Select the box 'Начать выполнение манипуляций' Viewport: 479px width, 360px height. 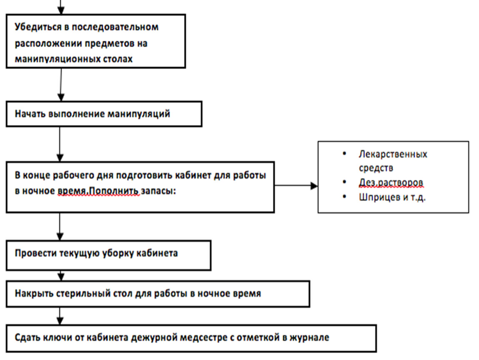(104, 114)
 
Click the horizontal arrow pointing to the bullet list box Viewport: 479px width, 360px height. (296, 186)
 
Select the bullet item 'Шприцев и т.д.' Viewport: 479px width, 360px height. (392, 197)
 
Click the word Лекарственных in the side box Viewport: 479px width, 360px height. (393, 154)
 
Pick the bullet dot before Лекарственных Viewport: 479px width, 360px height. (344, 154)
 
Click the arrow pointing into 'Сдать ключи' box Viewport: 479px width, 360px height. (60, 316)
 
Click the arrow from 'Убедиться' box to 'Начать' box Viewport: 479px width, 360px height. (61, 85)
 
